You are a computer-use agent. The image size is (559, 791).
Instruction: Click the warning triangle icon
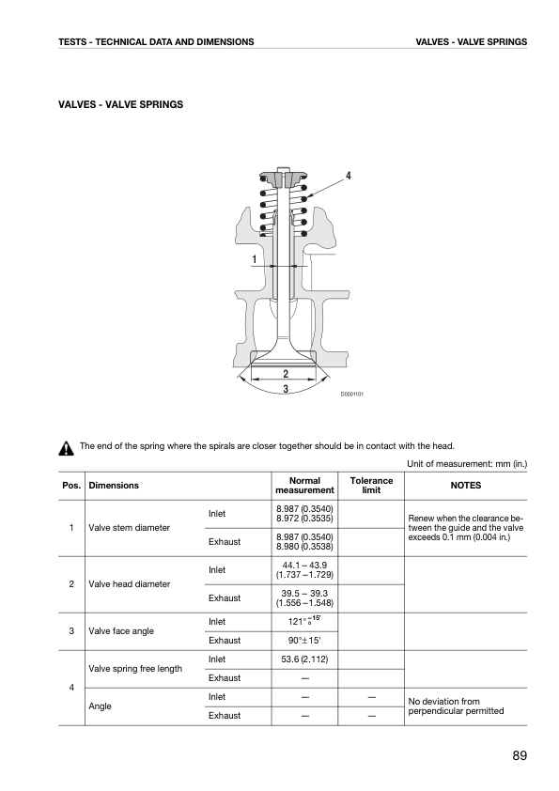pyautogui.click(x=66, y=448)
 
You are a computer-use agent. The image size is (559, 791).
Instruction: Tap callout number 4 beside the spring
pyautogui.click(x=349, y=176)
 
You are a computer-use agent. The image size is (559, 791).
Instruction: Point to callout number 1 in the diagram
pyautogui.click(x=255, y=259)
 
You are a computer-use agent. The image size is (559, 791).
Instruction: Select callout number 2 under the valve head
pyautogui.click(x=286, y=374)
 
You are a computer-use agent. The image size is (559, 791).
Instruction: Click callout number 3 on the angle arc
pyautogui.click(x=286, y=389)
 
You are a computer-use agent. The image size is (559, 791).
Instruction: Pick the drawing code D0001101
pyautogui.click(x=351, y=394)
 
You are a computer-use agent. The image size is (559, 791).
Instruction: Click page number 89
pyautogui.click(x=520, y=755)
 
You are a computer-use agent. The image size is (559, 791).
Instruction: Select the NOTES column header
pyautogui.click(x=466, y=486)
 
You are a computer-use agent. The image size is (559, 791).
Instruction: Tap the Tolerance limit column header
pyautogui.click(x=371, y=486)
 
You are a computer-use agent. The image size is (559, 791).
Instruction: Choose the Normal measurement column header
pyautogui.click(x=304, y=486)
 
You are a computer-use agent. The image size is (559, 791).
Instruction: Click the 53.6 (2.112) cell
pyautogui.click(x=304, y=659)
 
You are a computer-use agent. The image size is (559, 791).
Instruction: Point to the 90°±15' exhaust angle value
pyautogui.click(x=304, y=641)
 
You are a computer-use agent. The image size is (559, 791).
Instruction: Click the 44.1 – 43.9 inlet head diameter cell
pyautogui.click(x=304, y=570)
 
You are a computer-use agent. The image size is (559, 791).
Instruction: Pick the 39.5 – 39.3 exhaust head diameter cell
pyautogui.click(x=304, y=598)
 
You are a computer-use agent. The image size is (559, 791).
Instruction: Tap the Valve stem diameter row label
pyautogui.click(x=129, y=528)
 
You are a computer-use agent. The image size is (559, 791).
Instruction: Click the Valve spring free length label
pyautogui.click(x=135, y=669)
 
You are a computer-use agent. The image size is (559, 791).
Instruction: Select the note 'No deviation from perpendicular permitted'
pyautogui.click(x=456, y=706)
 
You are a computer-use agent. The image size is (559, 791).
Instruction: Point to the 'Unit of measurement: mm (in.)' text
pyautogui.click(x=467, y=464)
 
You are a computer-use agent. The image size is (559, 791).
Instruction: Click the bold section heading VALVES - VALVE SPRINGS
pyautogui.click(x=120, y=105)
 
